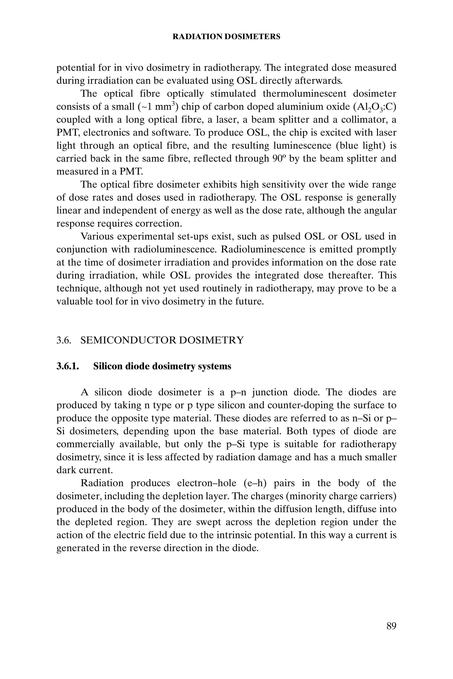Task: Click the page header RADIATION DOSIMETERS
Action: (226, 37)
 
